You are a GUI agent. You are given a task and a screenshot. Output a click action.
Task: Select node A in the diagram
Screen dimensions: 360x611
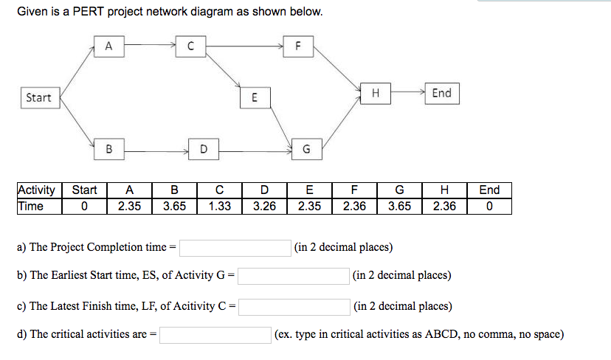[x=108, y=46]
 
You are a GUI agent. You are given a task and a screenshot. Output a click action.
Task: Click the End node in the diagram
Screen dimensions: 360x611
[x=441, y=93]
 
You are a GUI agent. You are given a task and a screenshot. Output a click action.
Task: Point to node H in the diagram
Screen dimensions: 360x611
[x=376, y=93]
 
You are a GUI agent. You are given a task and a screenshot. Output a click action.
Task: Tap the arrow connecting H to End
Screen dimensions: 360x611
[x=407, y=93]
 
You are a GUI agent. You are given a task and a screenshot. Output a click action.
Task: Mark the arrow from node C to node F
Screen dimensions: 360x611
[x=244, y=46]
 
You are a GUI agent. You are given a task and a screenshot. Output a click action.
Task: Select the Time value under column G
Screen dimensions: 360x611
[x=399, y=207]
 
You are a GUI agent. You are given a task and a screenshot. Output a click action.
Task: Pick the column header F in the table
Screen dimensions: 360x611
[x=354, y=190]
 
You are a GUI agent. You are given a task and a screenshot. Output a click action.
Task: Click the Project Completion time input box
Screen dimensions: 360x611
[x=235, y=247]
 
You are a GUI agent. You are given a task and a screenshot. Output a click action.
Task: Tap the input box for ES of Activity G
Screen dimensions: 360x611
[x=294, y=276]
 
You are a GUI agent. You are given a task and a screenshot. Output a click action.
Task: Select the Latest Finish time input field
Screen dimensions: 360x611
[x=294, y=306]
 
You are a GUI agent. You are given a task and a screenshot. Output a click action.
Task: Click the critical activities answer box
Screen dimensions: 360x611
[x=215, y=335]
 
